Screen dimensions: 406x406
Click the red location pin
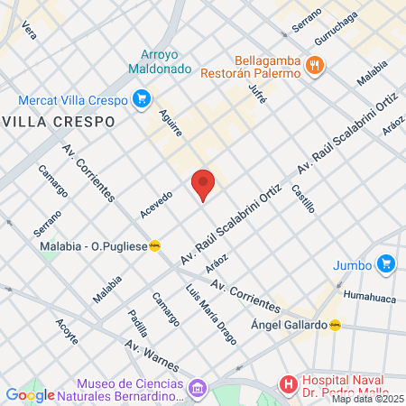[204, 183]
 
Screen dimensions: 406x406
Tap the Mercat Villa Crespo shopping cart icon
[140, 99]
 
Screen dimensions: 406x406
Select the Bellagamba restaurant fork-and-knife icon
[315, 64]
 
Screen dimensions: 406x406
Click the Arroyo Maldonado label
[165, 61]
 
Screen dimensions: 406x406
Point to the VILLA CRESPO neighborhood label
[60, 121]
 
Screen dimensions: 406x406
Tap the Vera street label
[29, 31]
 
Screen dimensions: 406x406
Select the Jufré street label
[258, 92]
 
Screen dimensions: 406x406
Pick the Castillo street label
[303, 198]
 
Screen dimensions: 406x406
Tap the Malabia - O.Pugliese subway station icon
[155, 245]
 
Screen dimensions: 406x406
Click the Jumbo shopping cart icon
[386, 264]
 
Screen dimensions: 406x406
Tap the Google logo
[30, 394]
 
